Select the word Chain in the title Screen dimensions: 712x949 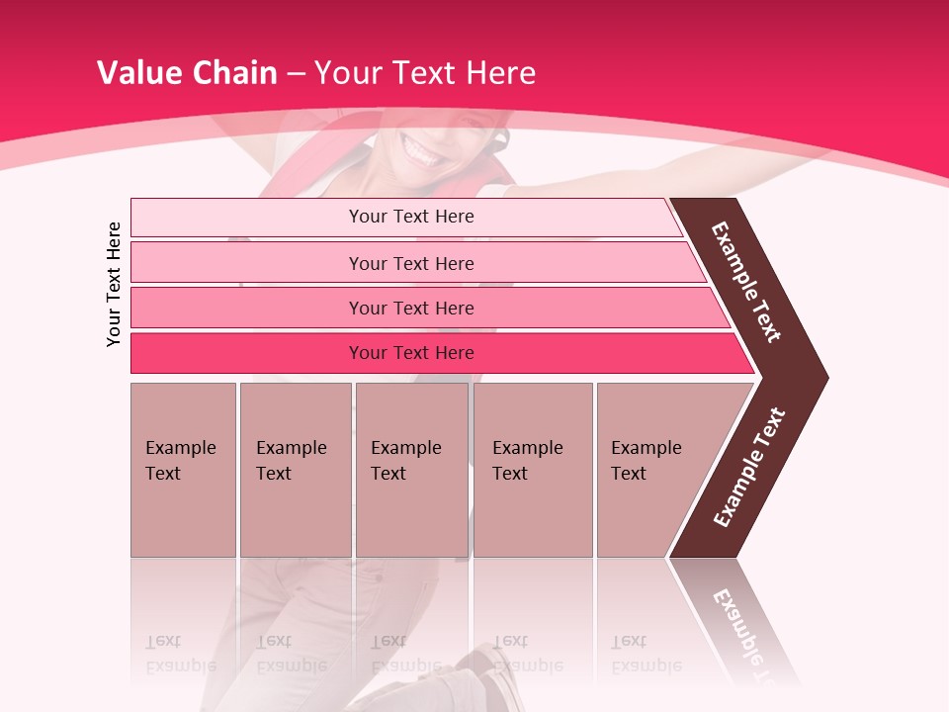pos(235,72)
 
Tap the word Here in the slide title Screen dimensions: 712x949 pos(500,72)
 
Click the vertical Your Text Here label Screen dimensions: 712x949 pos(114,284)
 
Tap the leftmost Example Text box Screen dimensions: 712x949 pos(183,470)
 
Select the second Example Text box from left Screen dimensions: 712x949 pos(295,470)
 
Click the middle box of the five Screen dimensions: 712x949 pos(411,470)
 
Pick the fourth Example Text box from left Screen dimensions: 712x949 pos(533,470)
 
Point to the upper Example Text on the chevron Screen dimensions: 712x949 pos(746,282)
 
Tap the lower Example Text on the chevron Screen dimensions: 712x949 pos(749,467)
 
